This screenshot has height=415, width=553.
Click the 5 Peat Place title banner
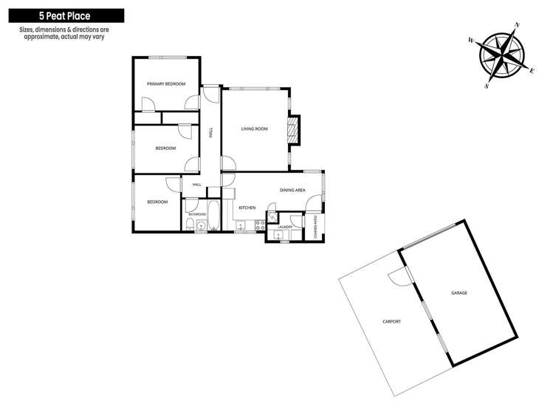coord(66,16)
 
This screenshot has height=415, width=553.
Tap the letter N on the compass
coord(518,24)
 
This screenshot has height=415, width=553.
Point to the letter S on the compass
coord(487,86)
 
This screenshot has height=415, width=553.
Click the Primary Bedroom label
coord(166,84)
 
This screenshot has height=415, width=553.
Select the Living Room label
coord(254,129)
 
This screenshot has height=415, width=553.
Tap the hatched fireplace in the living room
coord(292,130)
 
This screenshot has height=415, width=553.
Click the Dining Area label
coord(292,191)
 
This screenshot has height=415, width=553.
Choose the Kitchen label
coord(247,208)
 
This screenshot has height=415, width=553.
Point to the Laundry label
coord(285,227)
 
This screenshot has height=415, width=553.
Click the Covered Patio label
coord(316,227)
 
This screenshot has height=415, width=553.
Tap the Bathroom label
coord(197,214)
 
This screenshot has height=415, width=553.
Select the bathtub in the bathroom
coord(213,215)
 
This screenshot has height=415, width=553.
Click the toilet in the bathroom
coord(190,224)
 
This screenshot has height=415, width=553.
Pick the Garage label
coord(459,293)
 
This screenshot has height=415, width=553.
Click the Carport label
coord(391,322)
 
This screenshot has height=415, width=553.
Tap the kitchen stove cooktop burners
coord(261,226)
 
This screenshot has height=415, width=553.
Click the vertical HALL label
coord(211,133)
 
